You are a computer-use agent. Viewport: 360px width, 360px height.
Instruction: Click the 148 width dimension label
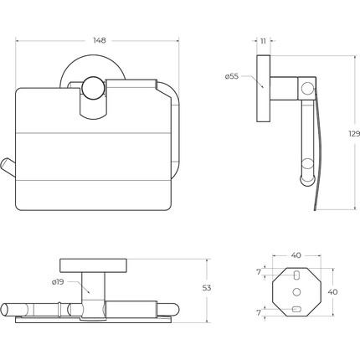(x=100, y=41)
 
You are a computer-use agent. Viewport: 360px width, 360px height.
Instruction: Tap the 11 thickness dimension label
(x=263, y=41)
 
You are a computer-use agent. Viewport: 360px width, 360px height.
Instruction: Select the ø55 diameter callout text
(x=232, y=76)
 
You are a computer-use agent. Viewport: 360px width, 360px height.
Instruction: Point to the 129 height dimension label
(x=354, y=134)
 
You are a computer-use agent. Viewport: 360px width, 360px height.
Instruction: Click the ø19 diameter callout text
(x=58, y=282)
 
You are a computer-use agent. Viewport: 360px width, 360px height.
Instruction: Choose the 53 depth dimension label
(x=207, y=288)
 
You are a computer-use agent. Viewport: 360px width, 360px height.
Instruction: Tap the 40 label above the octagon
(x=296, y=255)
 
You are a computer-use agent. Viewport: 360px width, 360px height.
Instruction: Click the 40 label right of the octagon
(x=332, y=292)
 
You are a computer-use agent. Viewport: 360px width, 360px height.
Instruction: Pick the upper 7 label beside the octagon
(x=259, y=271)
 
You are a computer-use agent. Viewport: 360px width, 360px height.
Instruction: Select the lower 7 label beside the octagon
(x=259, y=313)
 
